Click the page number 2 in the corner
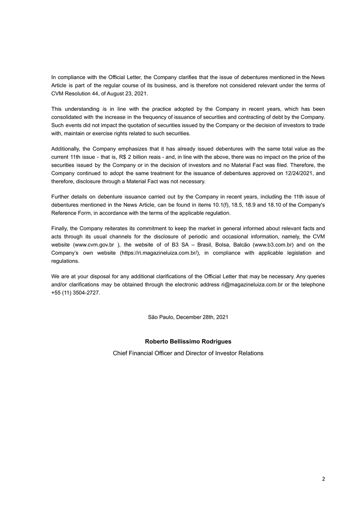(x=324, y=479)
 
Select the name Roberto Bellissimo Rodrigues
(x=188, y=341)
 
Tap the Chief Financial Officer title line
(x=188, y=353)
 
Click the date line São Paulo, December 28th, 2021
(x=188, y=317)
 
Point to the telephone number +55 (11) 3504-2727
(x=76, y=293)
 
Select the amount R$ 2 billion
(x=132, y=157)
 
